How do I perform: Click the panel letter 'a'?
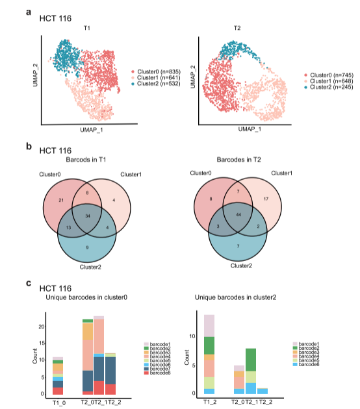29,12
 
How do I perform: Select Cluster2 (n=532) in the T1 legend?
159,84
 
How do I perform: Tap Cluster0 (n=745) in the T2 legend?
331,75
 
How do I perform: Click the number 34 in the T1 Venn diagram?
88,216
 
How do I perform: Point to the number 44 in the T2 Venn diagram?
238,215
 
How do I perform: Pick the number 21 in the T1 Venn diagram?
61,200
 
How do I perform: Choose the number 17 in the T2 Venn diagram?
266,199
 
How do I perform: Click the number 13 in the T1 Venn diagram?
68,227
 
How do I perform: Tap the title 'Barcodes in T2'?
238,159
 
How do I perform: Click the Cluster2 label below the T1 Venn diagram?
90,267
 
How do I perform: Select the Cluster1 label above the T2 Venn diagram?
281,173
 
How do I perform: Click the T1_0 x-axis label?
59,403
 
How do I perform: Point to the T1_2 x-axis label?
210,402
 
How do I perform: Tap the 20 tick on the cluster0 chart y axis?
42,327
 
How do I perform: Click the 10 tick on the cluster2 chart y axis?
192,336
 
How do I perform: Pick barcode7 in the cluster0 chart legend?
160,369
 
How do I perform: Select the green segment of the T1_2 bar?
209,345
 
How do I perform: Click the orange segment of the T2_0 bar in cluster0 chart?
88,332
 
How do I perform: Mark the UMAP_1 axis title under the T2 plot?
250,129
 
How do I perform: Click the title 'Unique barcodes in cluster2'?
235,297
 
